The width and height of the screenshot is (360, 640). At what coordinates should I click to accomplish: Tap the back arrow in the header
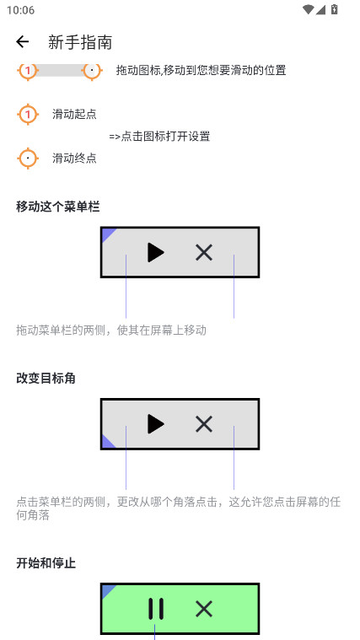pos(23,42)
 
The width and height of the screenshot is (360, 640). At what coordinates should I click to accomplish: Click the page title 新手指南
pos(80,42)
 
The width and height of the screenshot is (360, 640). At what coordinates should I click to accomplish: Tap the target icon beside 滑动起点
pos(28,114)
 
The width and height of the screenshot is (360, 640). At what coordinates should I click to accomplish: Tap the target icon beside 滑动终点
pos(28,158)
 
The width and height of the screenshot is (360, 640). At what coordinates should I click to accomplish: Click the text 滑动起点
pos(74,114)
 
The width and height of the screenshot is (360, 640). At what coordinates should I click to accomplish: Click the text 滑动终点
pos(74,158)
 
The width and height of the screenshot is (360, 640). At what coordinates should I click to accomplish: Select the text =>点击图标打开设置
pos(159,136)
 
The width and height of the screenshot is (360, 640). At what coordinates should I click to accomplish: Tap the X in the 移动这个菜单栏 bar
pos(204,252)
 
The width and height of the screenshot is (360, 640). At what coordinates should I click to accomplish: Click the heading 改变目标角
pos(46,378)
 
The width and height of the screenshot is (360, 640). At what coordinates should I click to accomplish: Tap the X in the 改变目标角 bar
pos(204,424)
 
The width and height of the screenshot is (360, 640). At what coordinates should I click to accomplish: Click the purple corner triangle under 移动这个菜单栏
pos(107,234)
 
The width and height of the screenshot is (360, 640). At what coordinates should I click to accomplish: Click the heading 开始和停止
pos(46,562)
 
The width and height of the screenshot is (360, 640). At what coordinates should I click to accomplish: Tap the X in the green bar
pos(204,609)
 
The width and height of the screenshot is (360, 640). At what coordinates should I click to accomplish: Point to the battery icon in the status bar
pos(335,10)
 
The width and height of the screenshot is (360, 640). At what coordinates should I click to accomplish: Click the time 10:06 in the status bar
pos(20,10)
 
